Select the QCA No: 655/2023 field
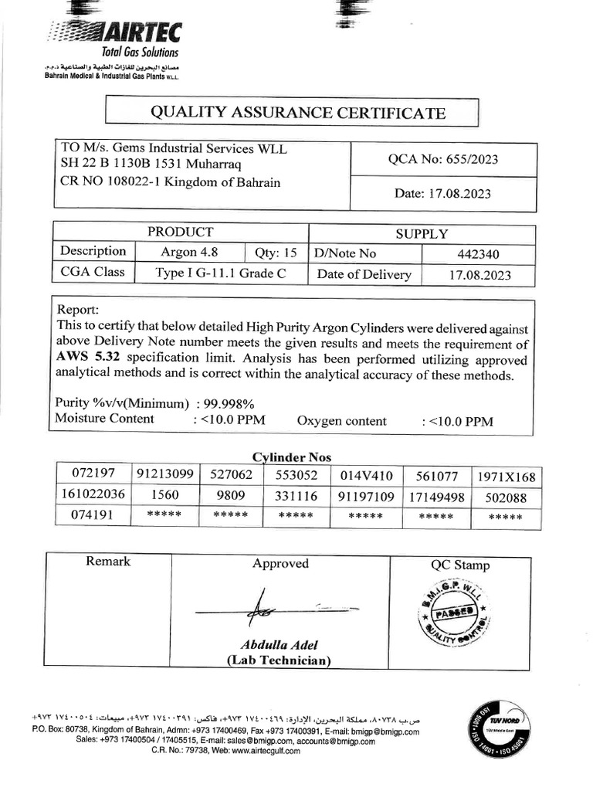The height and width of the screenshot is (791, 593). click(442, 160)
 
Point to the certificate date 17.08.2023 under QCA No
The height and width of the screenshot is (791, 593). click(442, 193)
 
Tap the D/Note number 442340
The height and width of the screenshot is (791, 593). click(479, 253)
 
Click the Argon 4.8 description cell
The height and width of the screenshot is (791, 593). click(189, 252)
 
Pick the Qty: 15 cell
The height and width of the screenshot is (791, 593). click(276, 252)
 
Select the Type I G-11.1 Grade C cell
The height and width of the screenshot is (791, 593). click(221, 273)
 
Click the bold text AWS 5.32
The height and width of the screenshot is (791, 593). click(89, 359)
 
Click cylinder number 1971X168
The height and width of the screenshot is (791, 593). click(506, 477)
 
